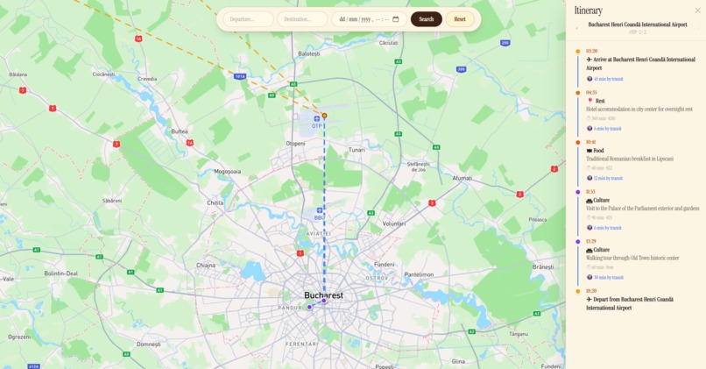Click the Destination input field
(x=301, y=19)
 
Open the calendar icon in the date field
(x=395, y=19)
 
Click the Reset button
(x=459, y=19)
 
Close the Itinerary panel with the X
(x=698, y=11)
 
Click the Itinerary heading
(x=589, y=11)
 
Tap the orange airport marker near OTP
(x=324, y=116)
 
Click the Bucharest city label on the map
(x=323, y=295)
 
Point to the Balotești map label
(x=309, y=53)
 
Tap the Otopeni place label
(x=295, y=143)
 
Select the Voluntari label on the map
(x=394, y=224)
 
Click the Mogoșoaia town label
(x=227, y=171)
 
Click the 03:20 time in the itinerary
(x=592, y=51)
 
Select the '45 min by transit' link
(x=608, y=79)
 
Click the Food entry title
(x=598, y=151)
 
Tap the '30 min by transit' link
(x=608, y=278)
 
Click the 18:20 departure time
(x=591, y=291)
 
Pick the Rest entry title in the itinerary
(x=600, y=101)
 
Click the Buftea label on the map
(x=180, y=131)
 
